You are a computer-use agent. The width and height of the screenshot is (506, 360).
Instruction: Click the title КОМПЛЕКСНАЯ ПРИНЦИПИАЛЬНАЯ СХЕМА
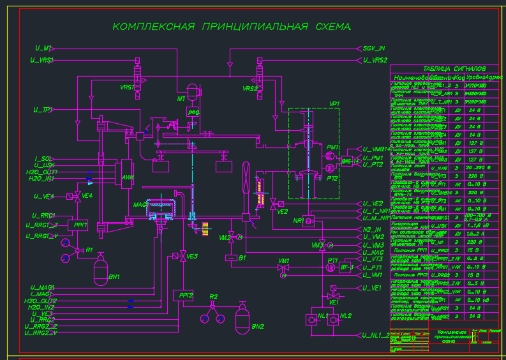[232, 27]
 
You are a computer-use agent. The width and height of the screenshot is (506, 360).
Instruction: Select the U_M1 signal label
[43, 48]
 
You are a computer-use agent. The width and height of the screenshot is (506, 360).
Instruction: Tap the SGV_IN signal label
[374, 48]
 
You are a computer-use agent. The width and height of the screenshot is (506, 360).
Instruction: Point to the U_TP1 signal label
[43, 110]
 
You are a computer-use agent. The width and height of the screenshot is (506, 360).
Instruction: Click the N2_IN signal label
[371, 229]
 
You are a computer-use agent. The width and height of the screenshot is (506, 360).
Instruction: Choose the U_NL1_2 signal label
[376, 334]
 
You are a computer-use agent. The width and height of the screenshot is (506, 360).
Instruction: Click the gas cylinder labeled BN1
[99, 271]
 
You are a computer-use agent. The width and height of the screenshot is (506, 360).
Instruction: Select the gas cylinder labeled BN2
[241, 317]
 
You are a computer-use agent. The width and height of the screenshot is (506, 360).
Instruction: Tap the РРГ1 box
[80, 225]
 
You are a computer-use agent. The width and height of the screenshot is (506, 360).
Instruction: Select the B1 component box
[231, 258]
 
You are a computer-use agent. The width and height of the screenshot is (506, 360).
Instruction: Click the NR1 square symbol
[308, 221]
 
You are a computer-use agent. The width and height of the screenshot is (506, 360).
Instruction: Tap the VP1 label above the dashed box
[334, 103]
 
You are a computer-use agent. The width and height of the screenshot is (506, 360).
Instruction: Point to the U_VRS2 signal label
[375, 60]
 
